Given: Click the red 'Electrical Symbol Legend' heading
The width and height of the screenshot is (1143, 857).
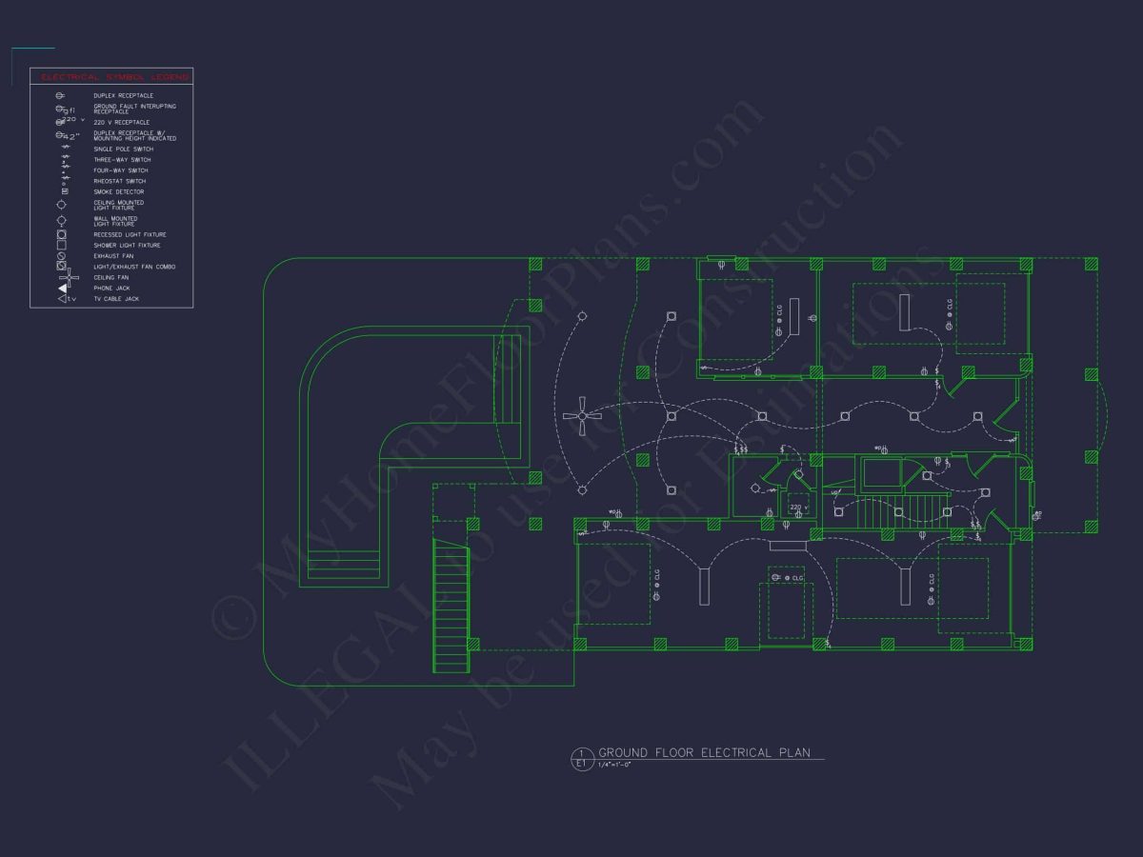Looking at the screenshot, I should pos(111,76).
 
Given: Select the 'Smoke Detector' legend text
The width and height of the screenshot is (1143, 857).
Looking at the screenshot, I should pos(118,191).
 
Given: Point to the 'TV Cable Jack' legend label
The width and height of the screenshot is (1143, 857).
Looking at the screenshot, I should pos(115,299).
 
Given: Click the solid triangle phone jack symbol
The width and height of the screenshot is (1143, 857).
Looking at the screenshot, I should pos(63,288).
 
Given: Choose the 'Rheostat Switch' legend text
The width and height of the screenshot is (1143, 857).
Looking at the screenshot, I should pos(119,181).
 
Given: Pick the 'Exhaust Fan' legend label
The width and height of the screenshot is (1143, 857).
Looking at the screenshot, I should pos(113,255).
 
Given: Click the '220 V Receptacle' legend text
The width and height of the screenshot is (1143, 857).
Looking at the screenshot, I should pos(121,122).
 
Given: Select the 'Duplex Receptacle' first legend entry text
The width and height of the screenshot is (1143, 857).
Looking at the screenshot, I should pos(123,95).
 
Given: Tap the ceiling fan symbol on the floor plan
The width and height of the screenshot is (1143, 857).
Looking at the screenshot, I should pos(582,415).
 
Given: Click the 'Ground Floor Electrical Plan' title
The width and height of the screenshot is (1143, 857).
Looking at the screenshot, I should pos(704,752).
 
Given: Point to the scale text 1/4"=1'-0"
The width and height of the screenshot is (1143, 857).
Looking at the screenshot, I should pos(614,764).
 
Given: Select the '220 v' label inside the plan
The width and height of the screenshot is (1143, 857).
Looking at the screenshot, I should pos(798,508).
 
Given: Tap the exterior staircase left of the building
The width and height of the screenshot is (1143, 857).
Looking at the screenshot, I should pos(451,606).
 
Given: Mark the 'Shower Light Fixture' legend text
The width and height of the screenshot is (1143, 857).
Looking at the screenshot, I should pos(127,245).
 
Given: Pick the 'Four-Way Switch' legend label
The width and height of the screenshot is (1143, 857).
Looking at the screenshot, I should pos(121,170).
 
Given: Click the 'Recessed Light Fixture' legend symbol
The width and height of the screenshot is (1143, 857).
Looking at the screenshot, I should pos(62,234).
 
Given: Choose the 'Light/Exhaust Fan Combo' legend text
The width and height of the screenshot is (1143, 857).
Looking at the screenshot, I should pos(133,267).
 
